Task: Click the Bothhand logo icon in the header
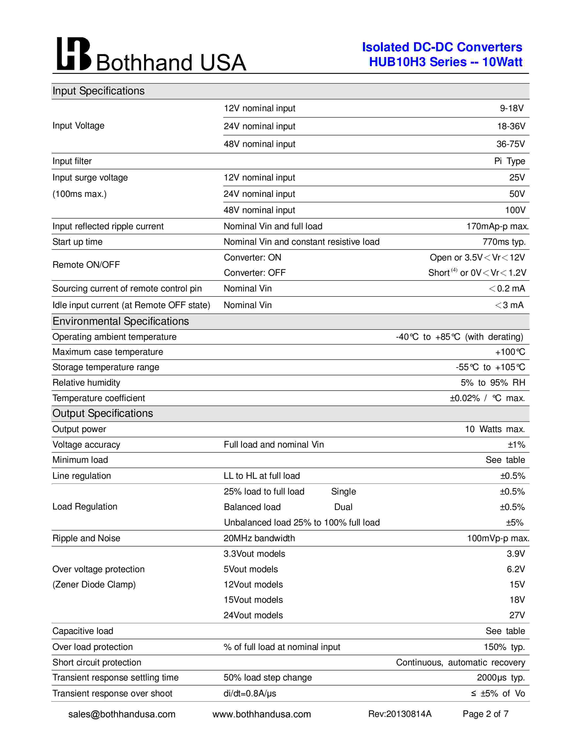[74, 54]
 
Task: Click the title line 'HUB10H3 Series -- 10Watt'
[445, 62]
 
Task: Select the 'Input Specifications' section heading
[98, 91]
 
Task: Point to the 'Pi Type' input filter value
[509, 161]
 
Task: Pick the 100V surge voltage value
[515, 210]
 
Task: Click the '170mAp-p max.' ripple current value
[497, 226]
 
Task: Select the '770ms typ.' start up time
[504, 242]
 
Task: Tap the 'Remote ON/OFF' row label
[86, 265]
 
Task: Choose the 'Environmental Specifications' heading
[121, 321]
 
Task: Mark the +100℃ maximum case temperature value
[510, 352]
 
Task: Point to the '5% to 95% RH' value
[493, 383]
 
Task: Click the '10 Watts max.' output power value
[495, 429]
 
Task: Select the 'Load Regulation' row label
[85, 507]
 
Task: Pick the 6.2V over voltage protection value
[516, 569]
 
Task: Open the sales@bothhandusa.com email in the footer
[122, 714]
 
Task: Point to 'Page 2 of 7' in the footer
[485, 714]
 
